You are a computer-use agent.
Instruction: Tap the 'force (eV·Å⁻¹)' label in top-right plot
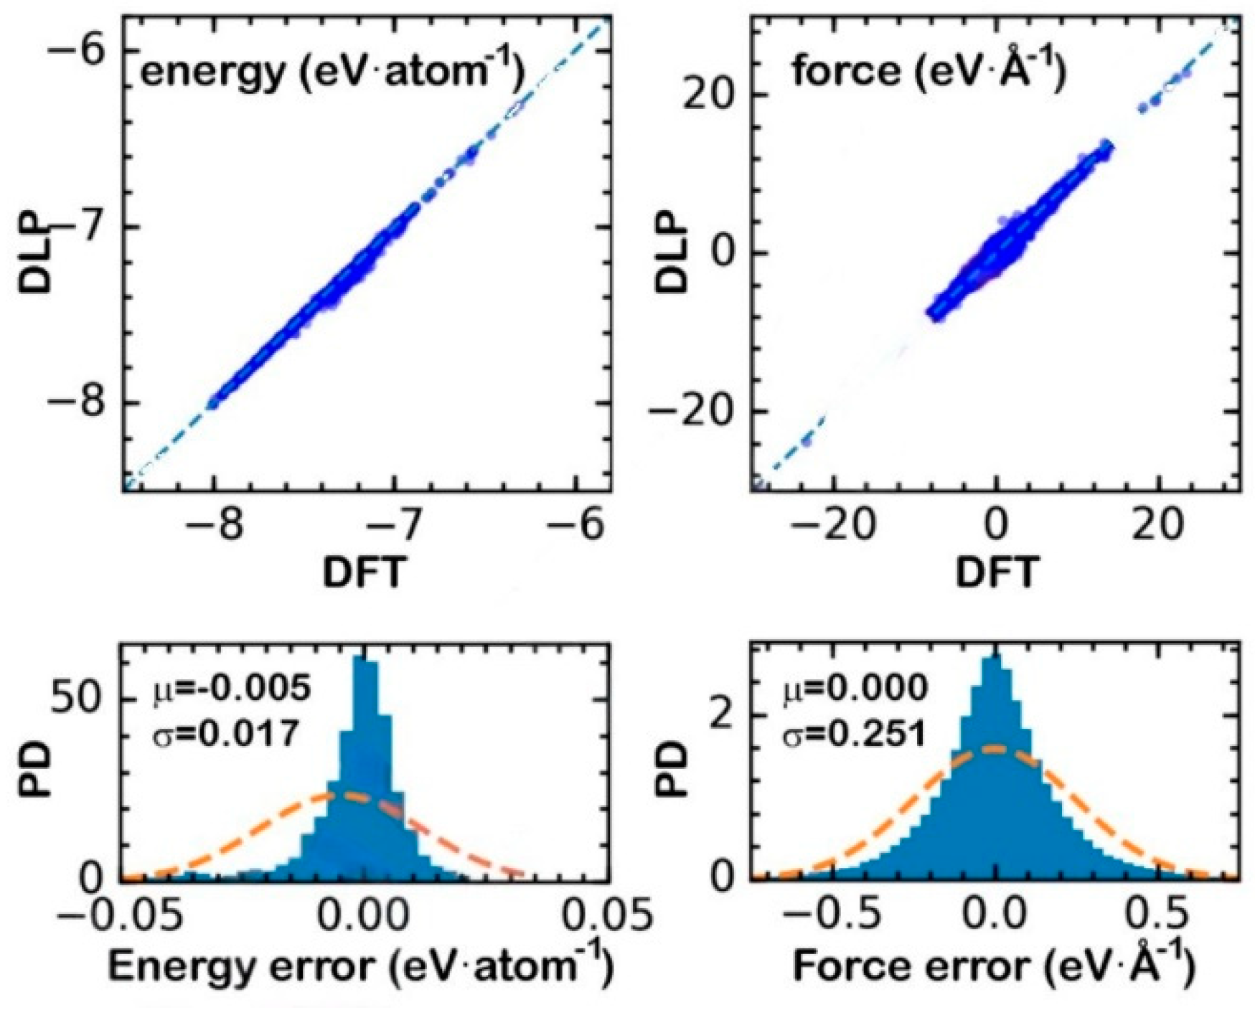pyautogui.click(x=929, y=72)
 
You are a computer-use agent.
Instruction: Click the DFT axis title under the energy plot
pyautogui.click(x=364, y=572)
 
